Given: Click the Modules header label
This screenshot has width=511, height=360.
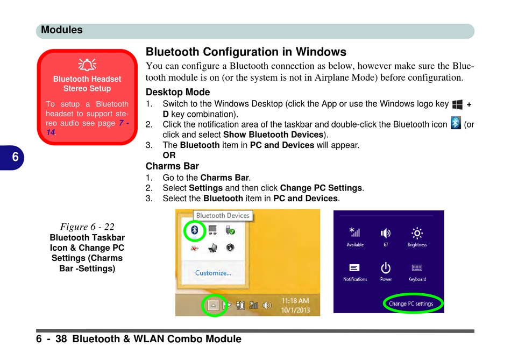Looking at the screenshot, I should click(62, 30).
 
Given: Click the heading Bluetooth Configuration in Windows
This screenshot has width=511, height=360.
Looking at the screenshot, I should click(246, 52).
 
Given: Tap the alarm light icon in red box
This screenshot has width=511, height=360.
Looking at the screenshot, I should click(87, 65).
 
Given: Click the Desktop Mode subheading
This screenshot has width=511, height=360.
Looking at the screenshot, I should click(178, 92).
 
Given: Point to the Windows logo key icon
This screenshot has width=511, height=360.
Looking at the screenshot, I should click(457, 104).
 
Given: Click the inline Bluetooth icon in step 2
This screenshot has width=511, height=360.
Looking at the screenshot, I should click(456, 124).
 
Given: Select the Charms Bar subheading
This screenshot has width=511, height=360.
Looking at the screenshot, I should click(172, 166).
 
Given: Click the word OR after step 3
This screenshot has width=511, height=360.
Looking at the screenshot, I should click(169, 156).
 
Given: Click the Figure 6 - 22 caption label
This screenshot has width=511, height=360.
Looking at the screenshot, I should click(87, 227).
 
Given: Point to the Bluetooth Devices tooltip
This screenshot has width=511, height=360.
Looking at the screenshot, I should click(223, 216).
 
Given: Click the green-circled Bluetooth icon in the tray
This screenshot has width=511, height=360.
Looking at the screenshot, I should click(195, 230).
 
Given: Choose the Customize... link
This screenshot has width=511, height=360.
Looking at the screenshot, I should click(213, 273).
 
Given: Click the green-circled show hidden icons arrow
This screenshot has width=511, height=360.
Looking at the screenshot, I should click(214, 305).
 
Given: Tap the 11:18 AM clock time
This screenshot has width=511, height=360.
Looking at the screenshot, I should click(295, 301).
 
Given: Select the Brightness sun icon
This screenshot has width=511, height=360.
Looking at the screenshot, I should click(417, 233).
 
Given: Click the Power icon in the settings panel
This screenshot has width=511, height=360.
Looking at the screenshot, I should click(386, 268).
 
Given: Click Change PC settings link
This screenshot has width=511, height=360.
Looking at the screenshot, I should click(411, 303).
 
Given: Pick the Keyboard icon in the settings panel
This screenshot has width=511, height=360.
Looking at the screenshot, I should click(417, 268).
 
